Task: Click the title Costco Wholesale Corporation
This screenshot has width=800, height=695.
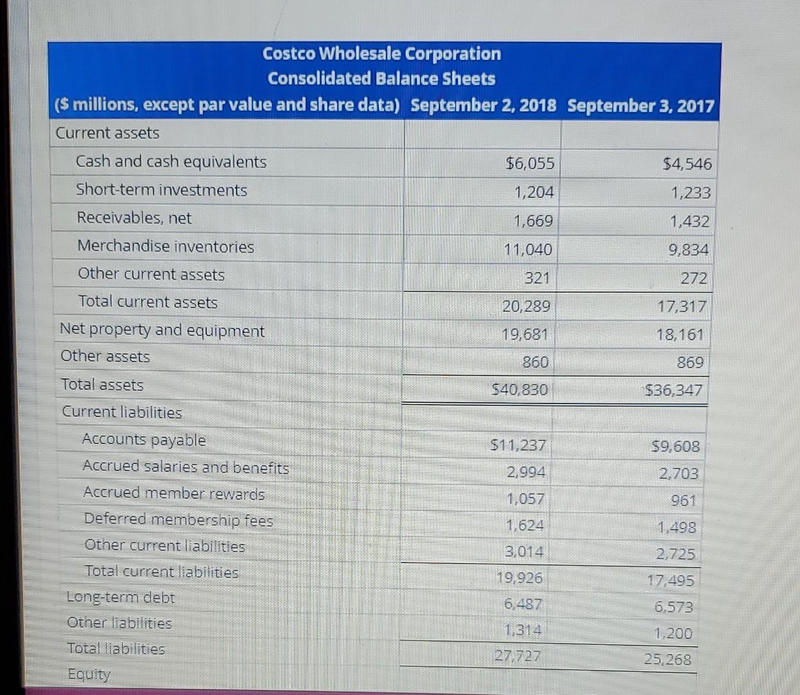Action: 381,53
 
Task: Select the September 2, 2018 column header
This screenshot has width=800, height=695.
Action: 483,106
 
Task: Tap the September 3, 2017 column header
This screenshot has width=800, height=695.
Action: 641,106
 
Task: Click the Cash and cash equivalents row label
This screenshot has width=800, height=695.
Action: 170,162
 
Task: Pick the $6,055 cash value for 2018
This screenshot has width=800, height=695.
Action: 530,163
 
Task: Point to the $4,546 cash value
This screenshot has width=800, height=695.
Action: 687,164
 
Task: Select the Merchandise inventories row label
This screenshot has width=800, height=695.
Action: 165,246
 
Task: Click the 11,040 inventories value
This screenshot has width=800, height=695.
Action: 527,250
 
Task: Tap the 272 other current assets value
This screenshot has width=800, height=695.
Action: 693,279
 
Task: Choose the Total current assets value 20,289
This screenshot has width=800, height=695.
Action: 526,306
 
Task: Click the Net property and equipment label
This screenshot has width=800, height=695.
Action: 162,331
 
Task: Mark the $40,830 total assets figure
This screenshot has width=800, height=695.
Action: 520,389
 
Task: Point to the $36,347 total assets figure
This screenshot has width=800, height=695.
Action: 674,390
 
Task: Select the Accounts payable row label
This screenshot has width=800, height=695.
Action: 143,440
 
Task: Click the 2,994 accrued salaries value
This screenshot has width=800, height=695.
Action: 525,472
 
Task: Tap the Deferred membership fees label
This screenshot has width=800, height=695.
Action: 178,519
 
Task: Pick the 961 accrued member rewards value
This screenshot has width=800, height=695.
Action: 683,501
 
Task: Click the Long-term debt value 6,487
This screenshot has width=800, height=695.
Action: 522,604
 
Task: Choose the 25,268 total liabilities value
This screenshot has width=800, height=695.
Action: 668,660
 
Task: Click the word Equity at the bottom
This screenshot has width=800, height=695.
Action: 89,674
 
